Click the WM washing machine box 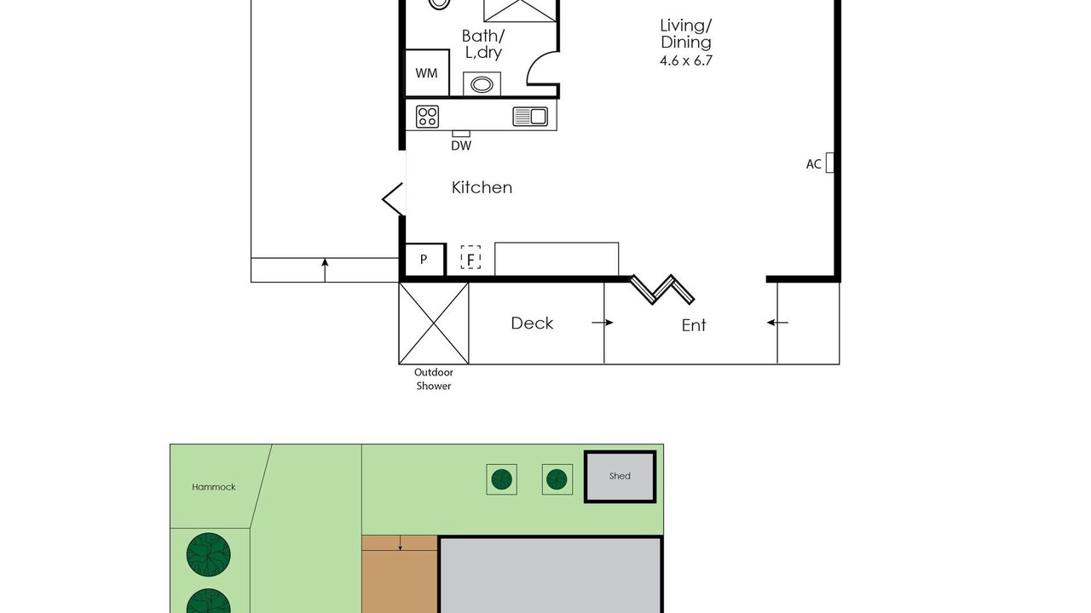click(x=427, y=73)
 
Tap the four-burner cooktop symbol click(x=427, y=117)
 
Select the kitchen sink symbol click(x=530, y=117)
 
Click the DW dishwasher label click(x=461, y=146)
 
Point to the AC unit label click(x=813, y=164)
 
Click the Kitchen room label click(x=482, y=188)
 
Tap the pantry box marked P click(x=424, y=260)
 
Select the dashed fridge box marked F click(x=470, y=257)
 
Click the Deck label click(x=532, y=324)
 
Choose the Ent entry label click(x=694, y=325)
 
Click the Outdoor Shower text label click(x=434, y=379)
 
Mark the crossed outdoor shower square click(x=434, y=324)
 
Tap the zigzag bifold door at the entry click(x=662, y=290)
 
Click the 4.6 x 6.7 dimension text click(x=686, y=60)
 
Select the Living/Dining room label click(x=686, y=34)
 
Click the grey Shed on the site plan click(x=620, y=477)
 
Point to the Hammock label click(x=214, y=487)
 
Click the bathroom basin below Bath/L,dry click(x=482, y=84)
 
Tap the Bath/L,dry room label click(x=483, y=44)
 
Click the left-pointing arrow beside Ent click(x=777, y=323)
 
